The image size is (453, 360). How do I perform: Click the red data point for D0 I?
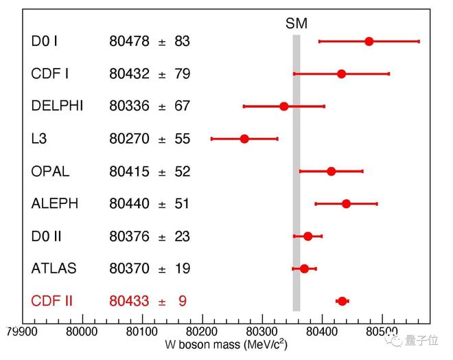[369, 41]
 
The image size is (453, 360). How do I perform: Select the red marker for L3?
[244, 139]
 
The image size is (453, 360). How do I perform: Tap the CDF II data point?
[342, 301]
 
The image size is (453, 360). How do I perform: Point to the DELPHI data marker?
[284, 106]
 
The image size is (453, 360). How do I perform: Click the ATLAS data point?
[304, 268]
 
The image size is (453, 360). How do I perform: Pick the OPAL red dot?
[332, 171]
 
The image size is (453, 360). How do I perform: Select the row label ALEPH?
[55, 203]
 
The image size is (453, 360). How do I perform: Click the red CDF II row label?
[52, 301]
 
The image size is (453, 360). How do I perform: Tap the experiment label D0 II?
[47, 236]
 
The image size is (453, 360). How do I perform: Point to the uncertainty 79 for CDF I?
[182, 74]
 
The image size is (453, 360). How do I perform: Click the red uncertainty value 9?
[182, 301]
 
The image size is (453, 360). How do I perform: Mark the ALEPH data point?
[347, 203]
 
